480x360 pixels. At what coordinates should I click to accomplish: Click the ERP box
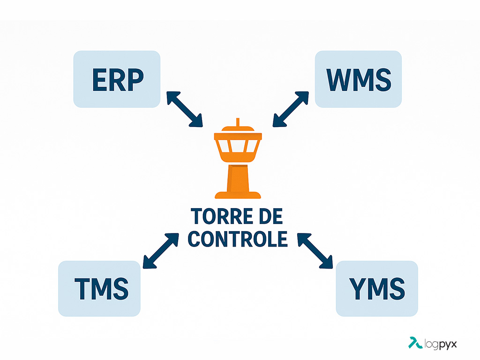click(x=117, y=79)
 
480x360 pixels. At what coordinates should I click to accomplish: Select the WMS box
click(x=358, y=79)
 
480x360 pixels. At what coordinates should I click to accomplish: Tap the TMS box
click(x=99, y=288)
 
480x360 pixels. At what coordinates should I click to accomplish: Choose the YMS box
click(x=377, y=288)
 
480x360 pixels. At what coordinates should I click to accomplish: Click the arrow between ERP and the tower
click(x=185, y=109)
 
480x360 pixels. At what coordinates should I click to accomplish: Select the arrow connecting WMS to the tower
click(x=291, y=109)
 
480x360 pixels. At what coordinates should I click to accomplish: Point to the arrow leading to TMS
click(x=161, y=251)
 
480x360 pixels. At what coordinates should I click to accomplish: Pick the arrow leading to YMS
click(x=315, y=251)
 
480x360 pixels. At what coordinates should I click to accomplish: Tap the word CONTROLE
click(x=238, y=239)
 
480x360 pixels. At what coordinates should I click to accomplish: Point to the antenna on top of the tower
click(x=238, y=122)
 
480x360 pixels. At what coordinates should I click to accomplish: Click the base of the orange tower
click(x=238, y=195)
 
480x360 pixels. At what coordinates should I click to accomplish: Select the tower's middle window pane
click(x=238, y=146)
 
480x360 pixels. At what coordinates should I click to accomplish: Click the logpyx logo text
click(x=441, y=344)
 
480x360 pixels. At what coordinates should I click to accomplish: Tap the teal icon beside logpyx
click(x=415, y=343)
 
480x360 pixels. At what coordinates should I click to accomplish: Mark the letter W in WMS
click(x=339, y=80)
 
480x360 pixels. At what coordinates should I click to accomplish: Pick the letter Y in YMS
click(x=358, y=289)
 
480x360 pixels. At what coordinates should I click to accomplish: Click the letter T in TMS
click(x=82, y=289)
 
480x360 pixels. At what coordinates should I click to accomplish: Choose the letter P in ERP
click(x=136, y=80)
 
